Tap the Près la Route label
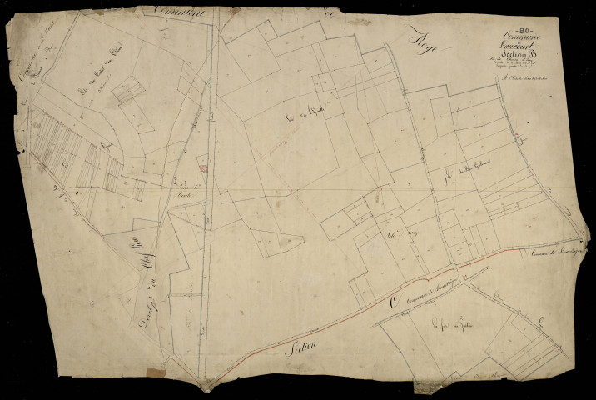click(190, 190)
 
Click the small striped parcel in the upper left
click(128, 92)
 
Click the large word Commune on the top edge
click(183, 12)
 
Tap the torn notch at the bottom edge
click(213, 386)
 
